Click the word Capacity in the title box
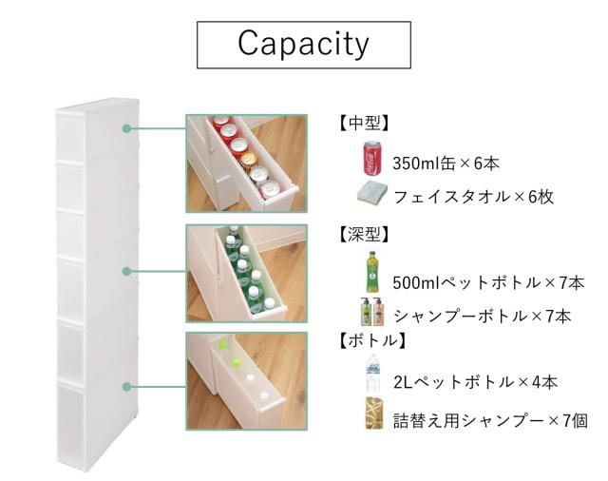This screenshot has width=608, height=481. (x=303, y=44)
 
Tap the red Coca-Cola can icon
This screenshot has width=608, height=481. (x=372, y=158)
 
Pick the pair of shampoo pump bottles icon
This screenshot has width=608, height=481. (x=370, y=312)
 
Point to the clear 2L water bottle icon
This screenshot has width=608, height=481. (x=373, y=374)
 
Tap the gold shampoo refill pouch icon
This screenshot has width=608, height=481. (x=373, y=413)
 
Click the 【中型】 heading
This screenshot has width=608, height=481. (x=363, y=124)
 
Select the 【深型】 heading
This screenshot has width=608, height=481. (x=363, y=234)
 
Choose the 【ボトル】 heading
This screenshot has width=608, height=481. (x=371, y=341)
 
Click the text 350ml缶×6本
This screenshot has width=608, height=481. (x=446, y=164)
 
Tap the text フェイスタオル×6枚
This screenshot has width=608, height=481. (x=473, y=197)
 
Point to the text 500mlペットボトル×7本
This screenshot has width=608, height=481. (x=488, y=282)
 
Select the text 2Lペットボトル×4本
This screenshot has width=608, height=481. (x=475, y=382)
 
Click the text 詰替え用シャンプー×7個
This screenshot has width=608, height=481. (x=490, y=421)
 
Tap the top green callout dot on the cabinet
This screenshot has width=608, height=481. (x=126, y=128)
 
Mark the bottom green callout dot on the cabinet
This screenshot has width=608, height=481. (x=126, y=387)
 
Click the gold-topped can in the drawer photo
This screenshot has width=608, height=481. (x=248, y=160)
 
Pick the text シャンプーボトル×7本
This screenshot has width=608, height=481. (x=483, y=317)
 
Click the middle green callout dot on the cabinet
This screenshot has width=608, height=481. (x=126, y=271)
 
